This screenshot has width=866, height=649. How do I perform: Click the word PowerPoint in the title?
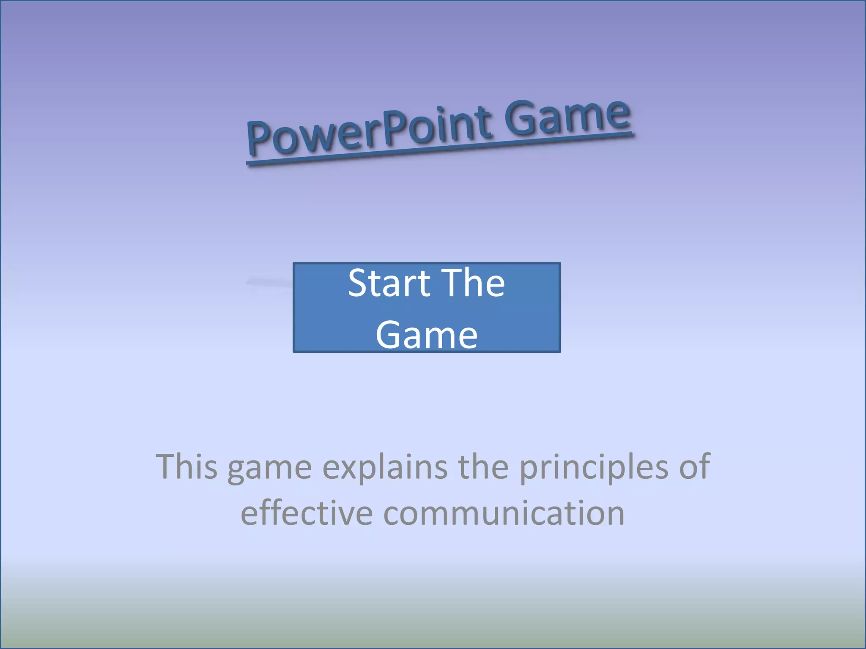pos(368,131)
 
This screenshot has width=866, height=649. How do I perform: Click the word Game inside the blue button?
pos(427,335)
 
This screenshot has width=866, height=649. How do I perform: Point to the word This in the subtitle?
pos(186,466)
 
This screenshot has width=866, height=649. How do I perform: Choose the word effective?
pos(307,513)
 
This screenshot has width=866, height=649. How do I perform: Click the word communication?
pos(504,513)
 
